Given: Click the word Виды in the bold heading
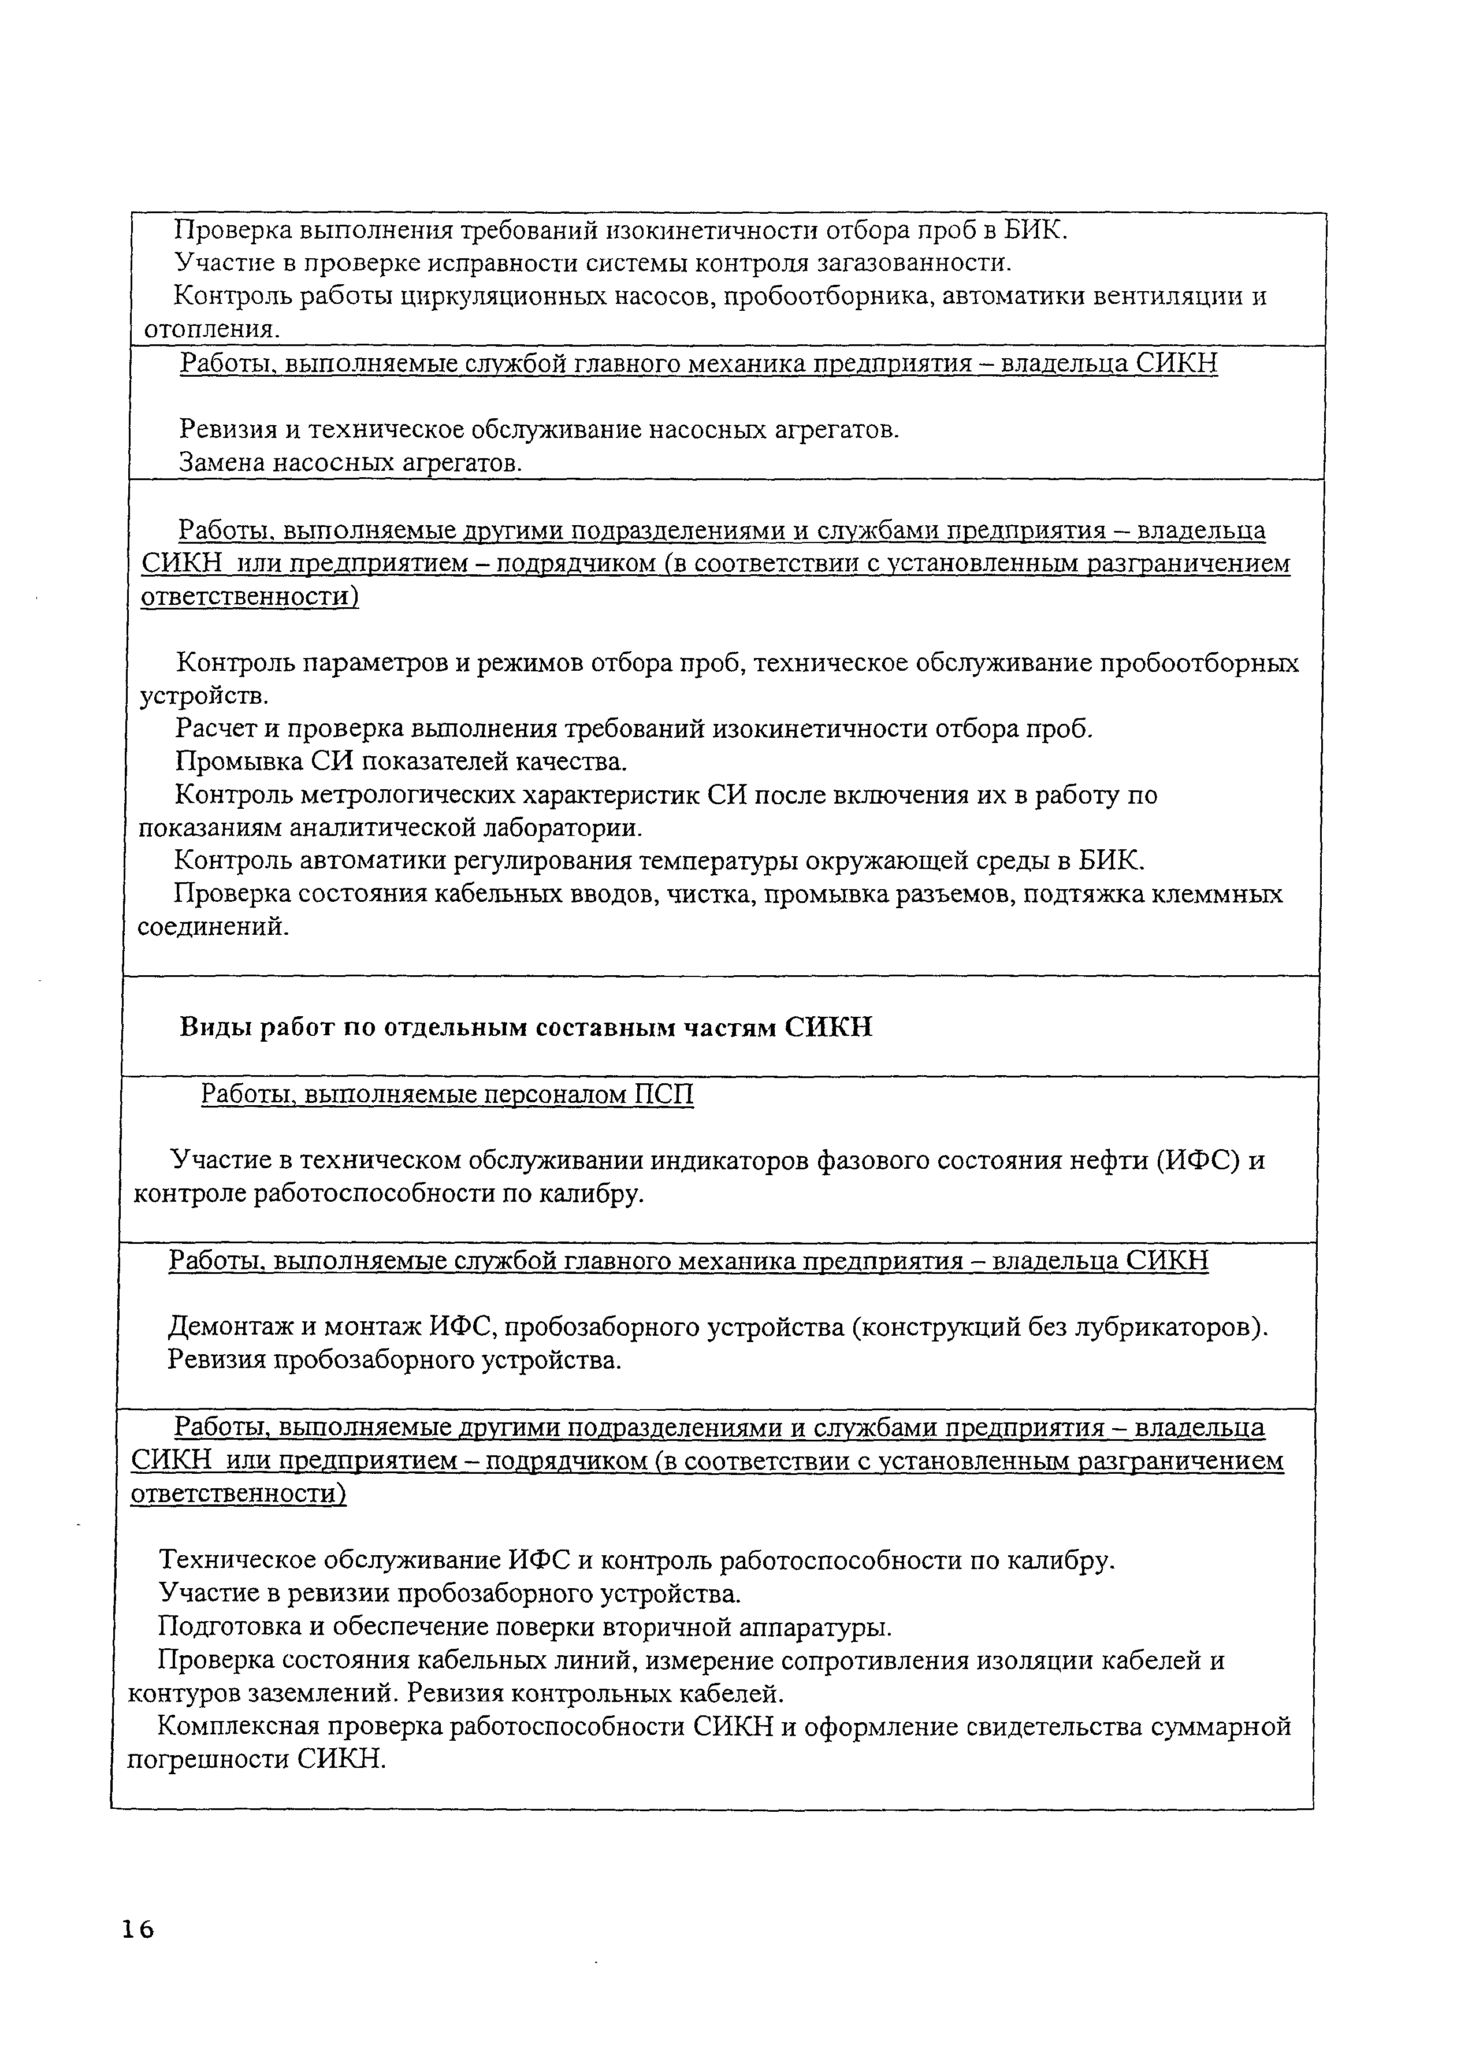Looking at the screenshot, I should click(x=214, y=1027).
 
